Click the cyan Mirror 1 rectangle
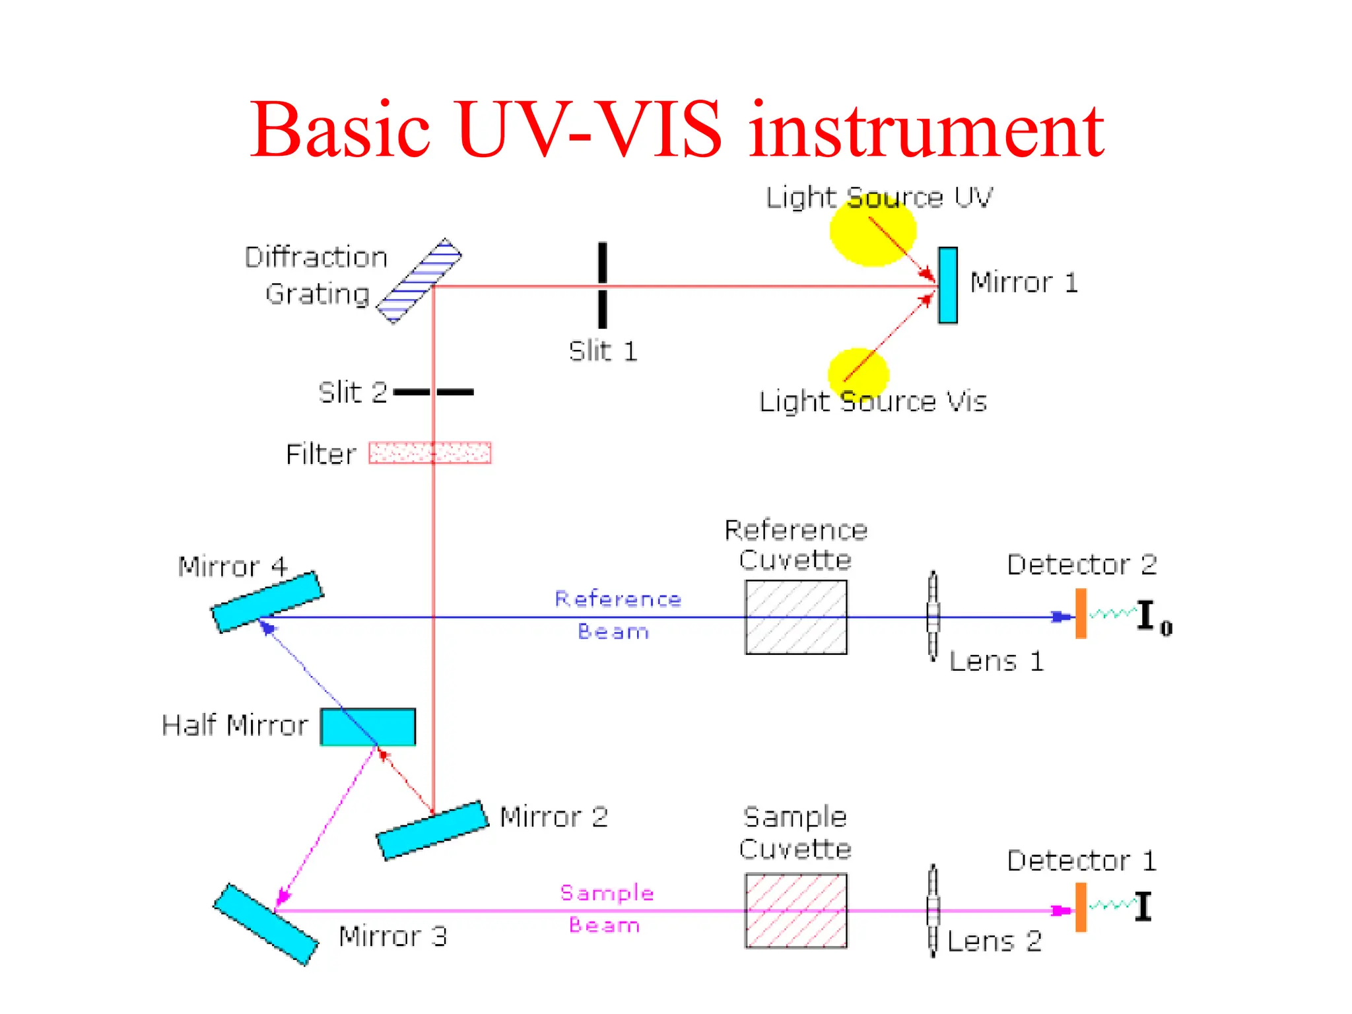click(x=947, y=285)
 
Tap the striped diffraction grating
click(x=419, y=281)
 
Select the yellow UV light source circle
click(x=873, y=231)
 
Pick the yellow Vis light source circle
click(x=858, y=374)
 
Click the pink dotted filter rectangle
click(x=430, y=453)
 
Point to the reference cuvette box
click(x=795, y=617)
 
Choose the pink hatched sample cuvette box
click(x=795, y=911)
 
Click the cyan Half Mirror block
click(x=368, y=727)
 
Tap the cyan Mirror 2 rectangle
click(x=432, y=830)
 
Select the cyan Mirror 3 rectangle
click(x=265, y=925)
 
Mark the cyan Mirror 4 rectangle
click(x=267, y=602)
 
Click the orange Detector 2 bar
click(x=1081, y=614)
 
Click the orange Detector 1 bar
click(x=1081, y=908)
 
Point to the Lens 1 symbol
click(x=933, y=616)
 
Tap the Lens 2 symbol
click(x=933, y=910)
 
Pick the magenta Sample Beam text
click(x=606, y=908)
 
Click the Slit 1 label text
click(x=603, y=351)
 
